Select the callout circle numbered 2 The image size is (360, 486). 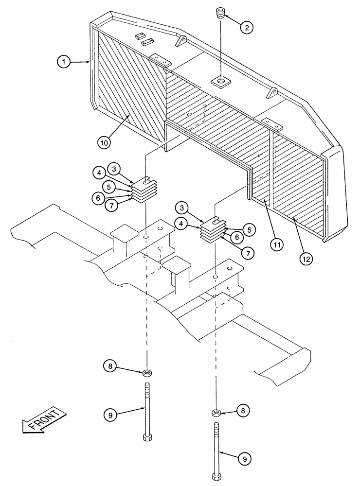tap(247, 27)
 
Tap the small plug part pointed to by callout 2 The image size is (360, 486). tap(221, 13)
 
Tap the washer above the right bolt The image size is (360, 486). tap(216, 413)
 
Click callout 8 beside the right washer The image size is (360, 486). tap(243, 411)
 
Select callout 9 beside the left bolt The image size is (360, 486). tap(110, 415)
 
